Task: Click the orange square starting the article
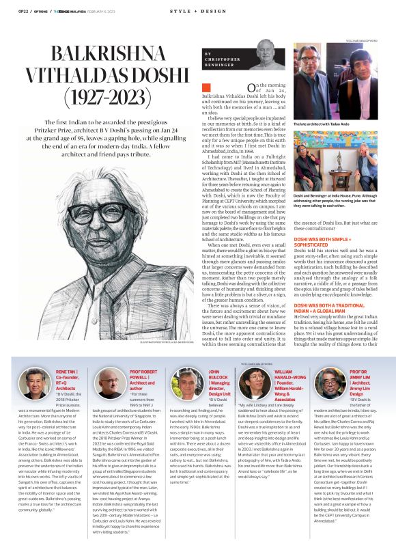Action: (x=206, y=87)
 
